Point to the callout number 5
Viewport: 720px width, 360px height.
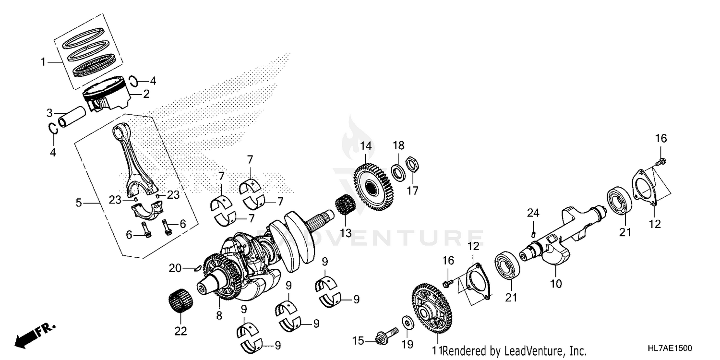[79, 204]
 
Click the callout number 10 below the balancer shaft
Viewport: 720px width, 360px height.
[555, 284]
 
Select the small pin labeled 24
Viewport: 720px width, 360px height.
[533, 234]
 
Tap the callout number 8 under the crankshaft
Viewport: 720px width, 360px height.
[219, 316]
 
